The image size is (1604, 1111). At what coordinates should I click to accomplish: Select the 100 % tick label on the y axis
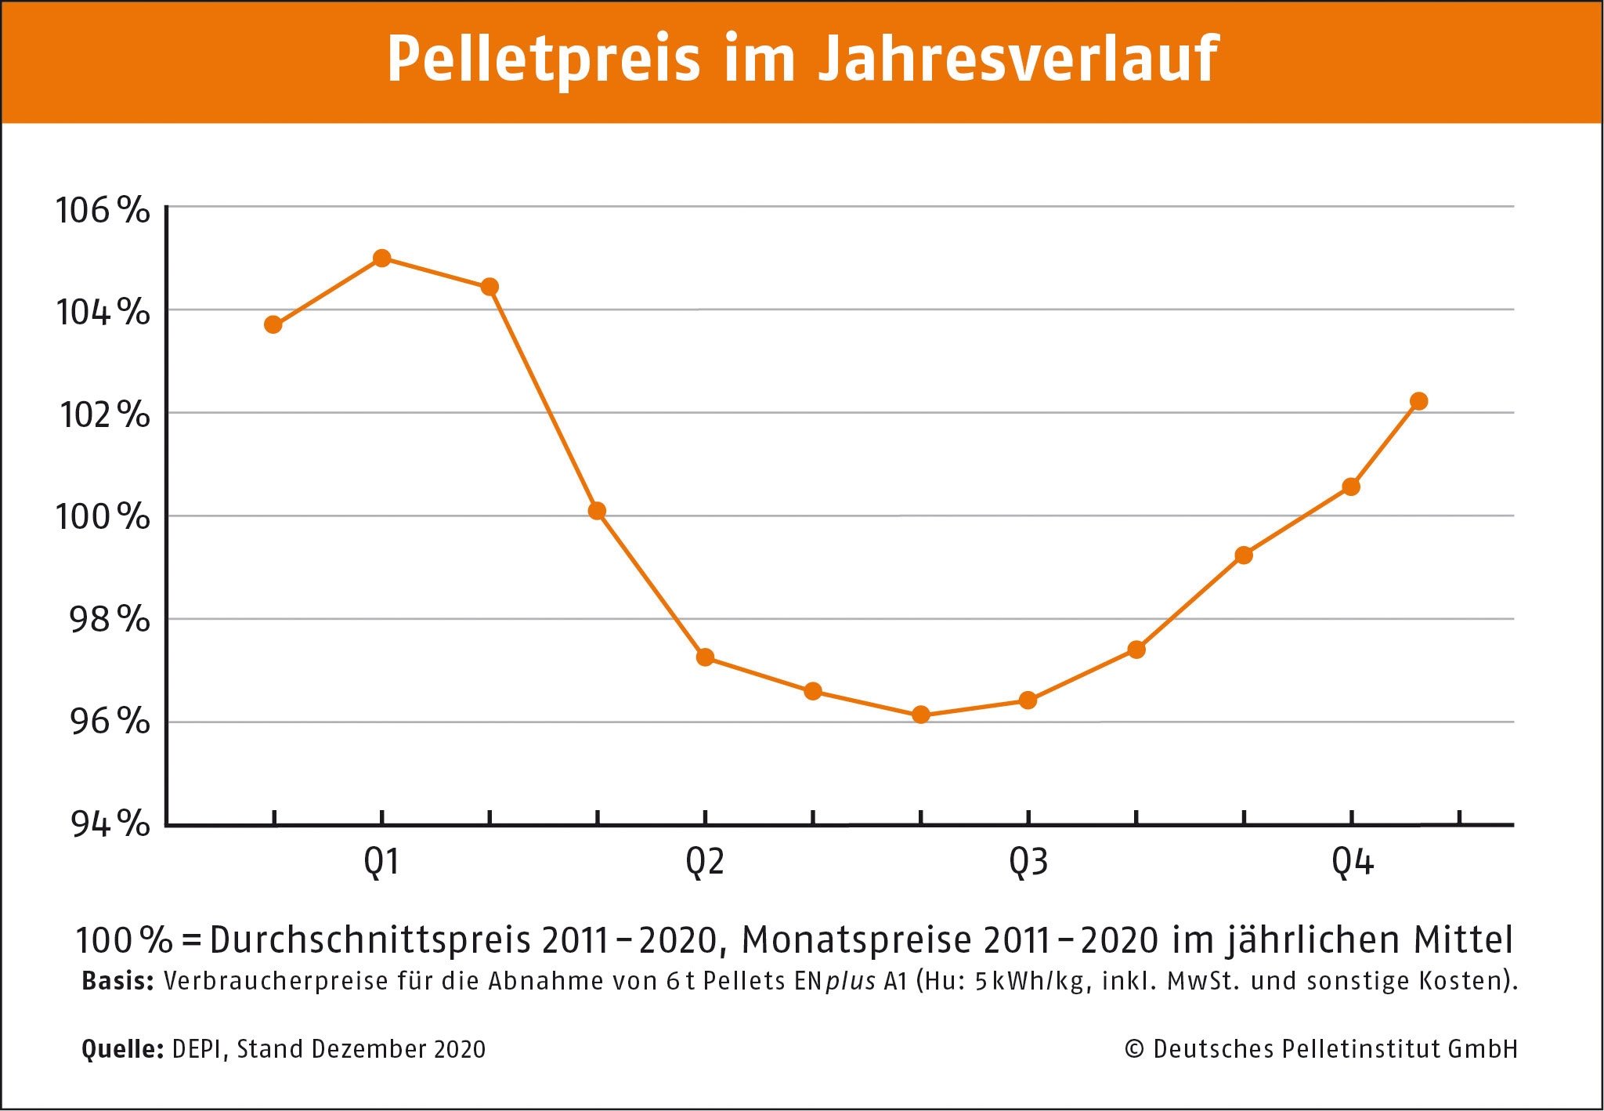(x=102, y=517)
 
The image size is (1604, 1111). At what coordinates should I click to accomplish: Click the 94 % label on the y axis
(x=110, y=823)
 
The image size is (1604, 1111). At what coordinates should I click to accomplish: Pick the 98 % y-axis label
(x=109, y=620)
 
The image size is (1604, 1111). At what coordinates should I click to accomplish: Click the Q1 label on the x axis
(x=381, y=863)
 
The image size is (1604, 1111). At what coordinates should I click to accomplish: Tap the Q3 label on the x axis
(x=1028, y=863)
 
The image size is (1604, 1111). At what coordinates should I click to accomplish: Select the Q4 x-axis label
(x=1352, y=863)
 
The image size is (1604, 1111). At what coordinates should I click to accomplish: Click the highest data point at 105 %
(x=381, y=258)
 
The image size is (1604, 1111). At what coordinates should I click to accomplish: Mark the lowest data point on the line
(x=921, y=715)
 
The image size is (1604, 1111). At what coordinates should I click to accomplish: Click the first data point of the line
(x=273, y=324)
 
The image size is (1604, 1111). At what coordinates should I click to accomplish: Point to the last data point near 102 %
(x=1418, y=401)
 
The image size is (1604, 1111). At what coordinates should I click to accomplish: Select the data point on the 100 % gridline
(x=597, y=511)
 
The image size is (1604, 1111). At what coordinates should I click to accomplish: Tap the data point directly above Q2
(x=705, y=657)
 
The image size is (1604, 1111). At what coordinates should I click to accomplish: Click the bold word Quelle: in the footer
(x=121, y=1049)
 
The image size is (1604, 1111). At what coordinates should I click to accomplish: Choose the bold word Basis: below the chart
(x=117, y=981)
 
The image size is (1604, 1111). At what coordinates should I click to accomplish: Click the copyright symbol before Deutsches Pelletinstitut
(x=1133, y=1049)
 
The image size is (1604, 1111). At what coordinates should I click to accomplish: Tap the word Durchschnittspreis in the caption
(x=370, y=939)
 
